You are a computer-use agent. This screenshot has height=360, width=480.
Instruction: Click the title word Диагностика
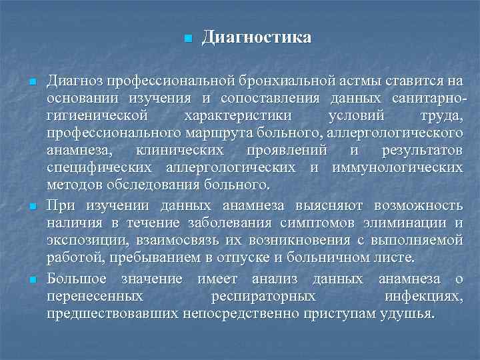256,37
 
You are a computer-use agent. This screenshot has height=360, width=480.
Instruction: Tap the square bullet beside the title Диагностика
187,38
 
